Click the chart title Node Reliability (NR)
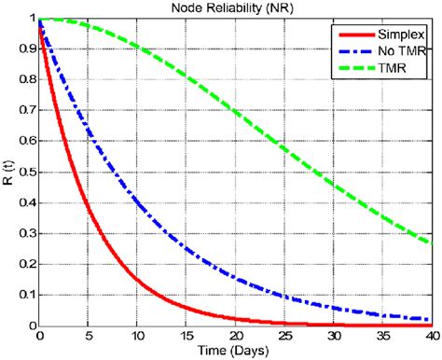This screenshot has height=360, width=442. (x=234, y=7)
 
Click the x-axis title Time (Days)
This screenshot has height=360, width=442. (x=234, y=351)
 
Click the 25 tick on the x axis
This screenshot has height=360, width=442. (x=284, y=336)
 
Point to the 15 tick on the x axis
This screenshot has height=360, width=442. (x=186, y=336)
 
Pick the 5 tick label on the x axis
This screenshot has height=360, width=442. (x=89, y=336)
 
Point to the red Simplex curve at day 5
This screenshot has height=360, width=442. (x=89, y=209)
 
